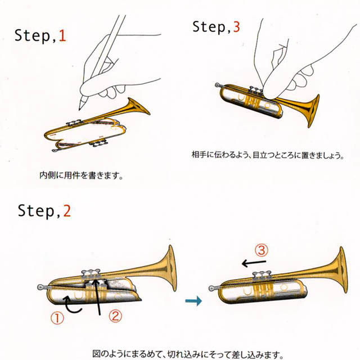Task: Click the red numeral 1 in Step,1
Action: coord(62,37)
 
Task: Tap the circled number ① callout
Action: coord(58,318)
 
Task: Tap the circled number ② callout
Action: coord(114,317)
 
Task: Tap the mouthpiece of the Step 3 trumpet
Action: coord(218,85)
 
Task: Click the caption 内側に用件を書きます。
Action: coord(80,175)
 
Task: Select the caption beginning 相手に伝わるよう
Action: coord(264,155)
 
